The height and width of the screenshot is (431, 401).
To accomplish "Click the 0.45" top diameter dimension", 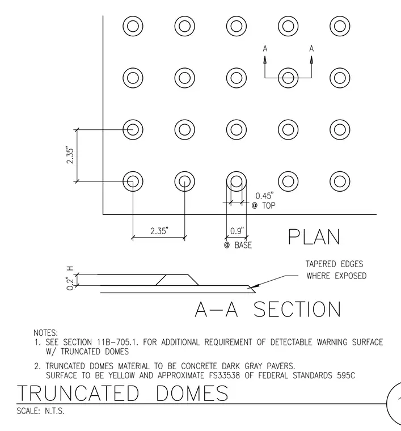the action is coord(264,196).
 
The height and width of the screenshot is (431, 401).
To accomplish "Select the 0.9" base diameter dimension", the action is coord(237,231).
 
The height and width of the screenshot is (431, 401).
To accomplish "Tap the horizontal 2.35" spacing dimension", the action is coord(159,231).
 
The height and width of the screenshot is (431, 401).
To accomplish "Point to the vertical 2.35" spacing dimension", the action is coord(70,156).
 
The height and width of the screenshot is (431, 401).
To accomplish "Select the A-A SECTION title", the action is coord(268,310).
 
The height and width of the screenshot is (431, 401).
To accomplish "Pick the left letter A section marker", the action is coord(265,49).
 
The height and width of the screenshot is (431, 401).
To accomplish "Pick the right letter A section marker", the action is coord(311,49).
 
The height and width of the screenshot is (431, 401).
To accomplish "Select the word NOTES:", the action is coord(45,333).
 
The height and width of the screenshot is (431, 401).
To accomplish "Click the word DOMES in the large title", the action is coord(192,393).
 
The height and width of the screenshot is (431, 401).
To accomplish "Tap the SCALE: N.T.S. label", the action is coord(41,411).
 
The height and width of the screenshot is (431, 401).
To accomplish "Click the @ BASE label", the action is coord(238,245).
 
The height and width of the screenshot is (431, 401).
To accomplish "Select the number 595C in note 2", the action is coord(346,375).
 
